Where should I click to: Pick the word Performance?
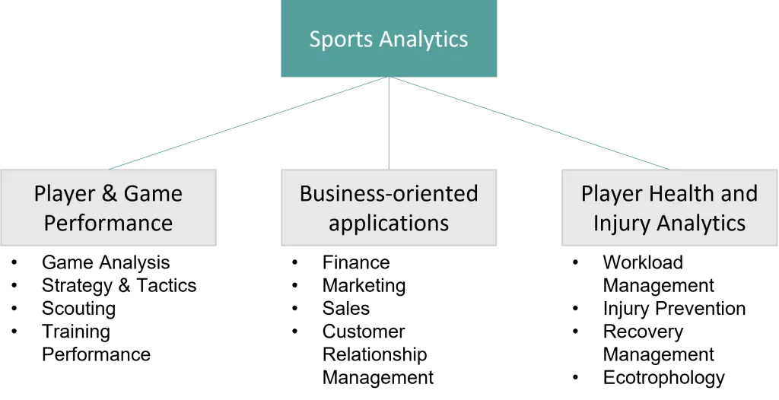pyautogui.click(x=108, y=223)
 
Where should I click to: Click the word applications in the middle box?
pyautogui.click(x=389, y=224)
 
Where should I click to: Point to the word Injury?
pyautogui.click(x=622, y=224)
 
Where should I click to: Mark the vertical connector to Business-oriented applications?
pyautogui.click(x=389, y=122)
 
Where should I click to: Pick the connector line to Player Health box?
pyautogui.click(x=533, y=124)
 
